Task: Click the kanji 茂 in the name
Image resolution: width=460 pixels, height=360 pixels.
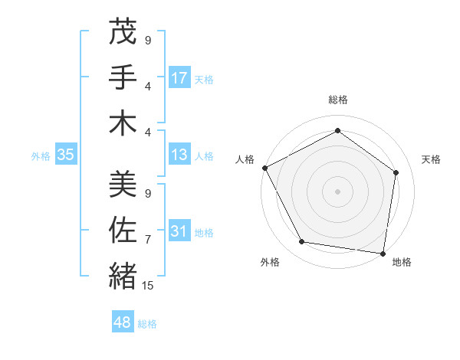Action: pyautogui.click(x=123, y=33)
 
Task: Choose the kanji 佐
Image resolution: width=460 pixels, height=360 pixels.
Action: pyautogui.click(x=123, y=229)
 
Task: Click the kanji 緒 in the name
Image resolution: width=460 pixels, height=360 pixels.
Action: pyautogui.click(x=123, y=275)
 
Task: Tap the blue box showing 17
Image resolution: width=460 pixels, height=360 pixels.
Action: pyautogui.click(x=179, y=77)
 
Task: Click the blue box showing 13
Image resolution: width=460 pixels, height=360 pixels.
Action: pyautogui.click(x=179, y=155)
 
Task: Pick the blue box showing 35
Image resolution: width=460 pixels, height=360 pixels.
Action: pyautogui.click(x=66, y=155)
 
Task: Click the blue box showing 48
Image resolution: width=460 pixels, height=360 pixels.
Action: pyautogui.click(x=123, y=322)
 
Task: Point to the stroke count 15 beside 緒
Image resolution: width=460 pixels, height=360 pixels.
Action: pyautogui.click(x=148, y=286)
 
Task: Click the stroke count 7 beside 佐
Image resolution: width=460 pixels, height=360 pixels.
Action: pyautogui.click(x=148, y=241)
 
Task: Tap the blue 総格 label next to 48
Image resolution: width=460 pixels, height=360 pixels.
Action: pyautogui.click(x=147, y=324)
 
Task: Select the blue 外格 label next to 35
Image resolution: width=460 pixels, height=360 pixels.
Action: pyautogui.click(x=41, y=156)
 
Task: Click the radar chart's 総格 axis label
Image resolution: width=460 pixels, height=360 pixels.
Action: pyautogui.click(x=337, y=100)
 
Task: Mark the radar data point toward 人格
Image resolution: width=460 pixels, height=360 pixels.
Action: pyautogui.click(x=264, y=167)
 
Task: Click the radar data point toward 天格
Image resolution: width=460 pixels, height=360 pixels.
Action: pyautogui.click(x=396, y=172)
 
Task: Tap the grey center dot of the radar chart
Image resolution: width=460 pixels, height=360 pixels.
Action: pyautogui.click(x=337, y=191)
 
